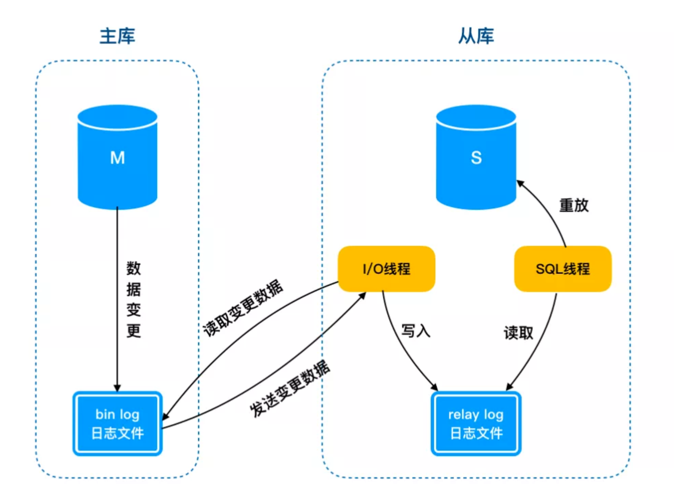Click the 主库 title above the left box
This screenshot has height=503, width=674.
coord(117,36)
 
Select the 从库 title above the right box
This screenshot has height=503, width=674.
coord(476,36)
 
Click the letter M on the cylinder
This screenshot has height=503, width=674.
coord(117,158)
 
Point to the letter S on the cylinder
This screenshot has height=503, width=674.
coord(476,158)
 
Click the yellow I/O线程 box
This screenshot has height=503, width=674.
coord(386,269)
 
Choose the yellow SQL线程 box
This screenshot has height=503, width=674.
coord(562,269)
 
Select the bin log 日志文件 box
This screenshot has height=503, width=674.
coord(117,424)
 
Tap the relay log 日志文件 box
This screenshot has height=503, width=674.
coord(476,424)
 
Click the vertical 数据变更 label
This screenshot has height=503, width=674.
coord(133,299)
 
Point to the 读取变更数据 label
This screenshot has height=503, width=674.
coord(243,308)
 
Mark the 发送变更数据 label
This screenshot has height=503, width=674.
coord(289,388)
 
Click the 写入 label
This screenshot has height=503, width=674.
coord(415,331)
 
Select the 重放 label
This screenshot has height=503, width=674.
coord(574,205)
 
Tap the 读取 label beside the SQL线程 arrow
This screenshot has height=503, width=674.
coord(518,333)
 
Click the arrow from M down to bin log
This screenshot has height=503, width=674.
coord(117,299)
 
